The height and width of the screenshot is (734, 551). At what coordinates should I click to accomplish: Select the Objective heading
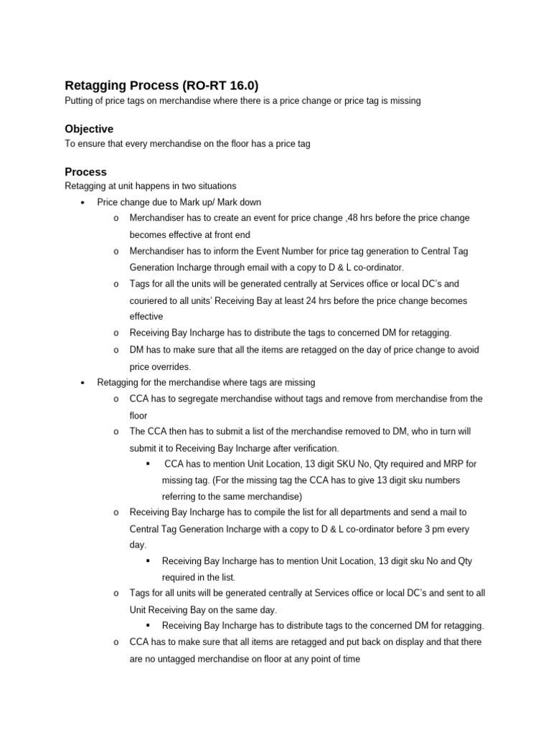click(89, 129)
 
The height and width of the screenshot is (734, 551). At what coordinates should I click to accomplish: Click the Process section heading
click(85, 172)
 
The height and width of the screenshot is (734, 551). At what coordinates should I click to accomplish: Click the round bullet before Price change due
click(83, 203)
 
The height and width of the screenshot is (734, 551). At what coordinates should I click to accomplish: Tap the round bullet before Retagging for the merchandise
click(83, 383)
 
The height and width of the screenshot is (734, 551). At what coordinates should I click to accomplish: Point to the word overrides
click(171, 366)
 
